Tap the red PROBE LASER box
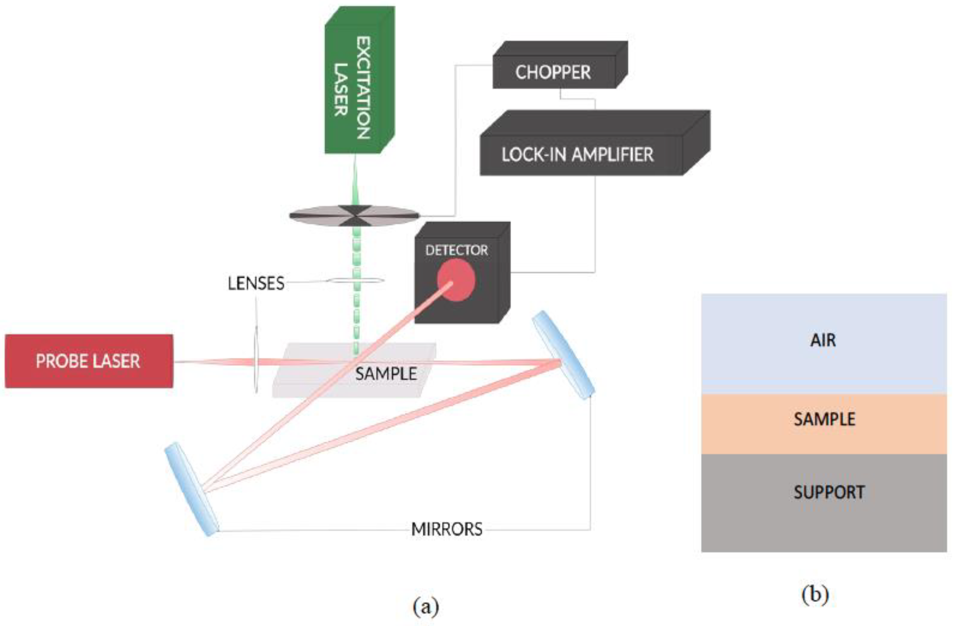pos(89,361)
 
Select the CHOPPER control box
pos(554,72)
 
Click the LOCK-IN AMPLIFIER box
pos(578,155)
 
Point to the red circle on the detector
pos(456,280)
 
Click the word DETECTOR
pos(456,251)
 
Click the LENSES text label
pos(256,283)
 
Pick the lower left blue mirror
pos(192,489)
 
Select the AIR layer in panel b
pos(823,340)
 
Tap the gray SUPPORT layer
pos(828,492)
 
